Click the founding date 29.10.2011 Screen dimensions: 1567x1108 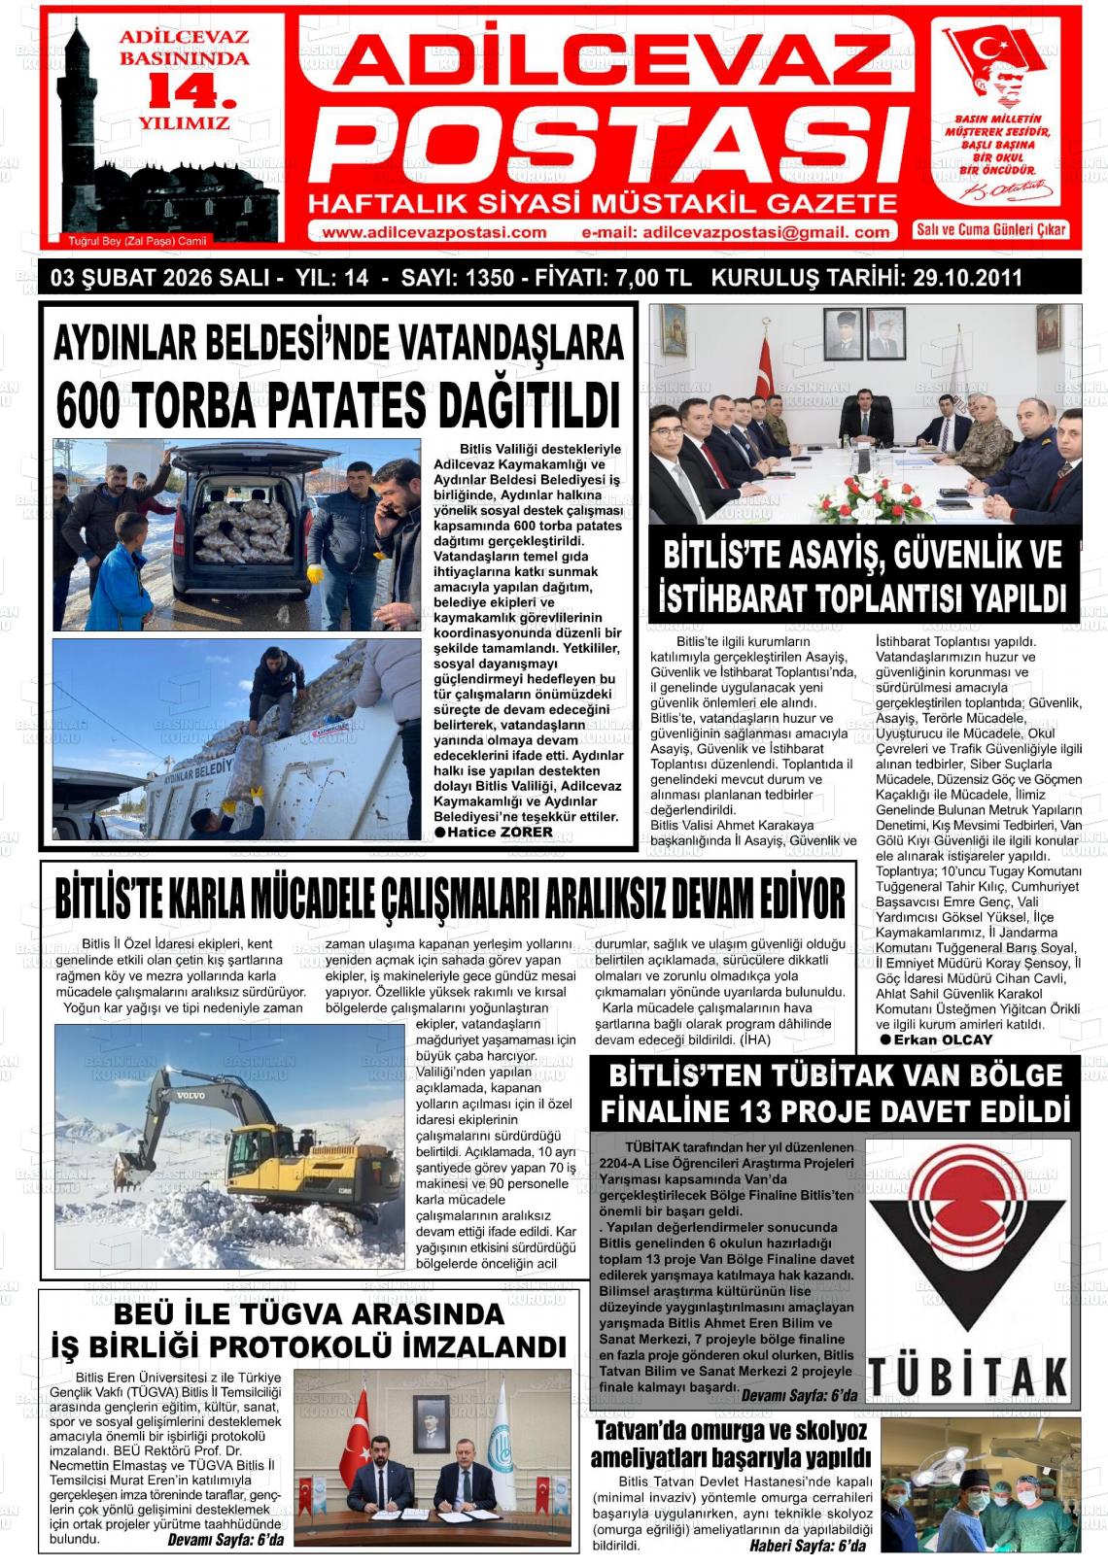[x=967, y=278]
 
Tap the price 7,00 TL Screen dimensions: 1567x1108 [x=653, y=278]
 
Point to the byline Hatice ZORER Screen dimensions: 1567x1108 [x=501, y=833]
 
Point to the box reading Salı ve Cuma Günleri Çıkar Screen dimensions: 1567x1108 [x=990, y=229]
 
